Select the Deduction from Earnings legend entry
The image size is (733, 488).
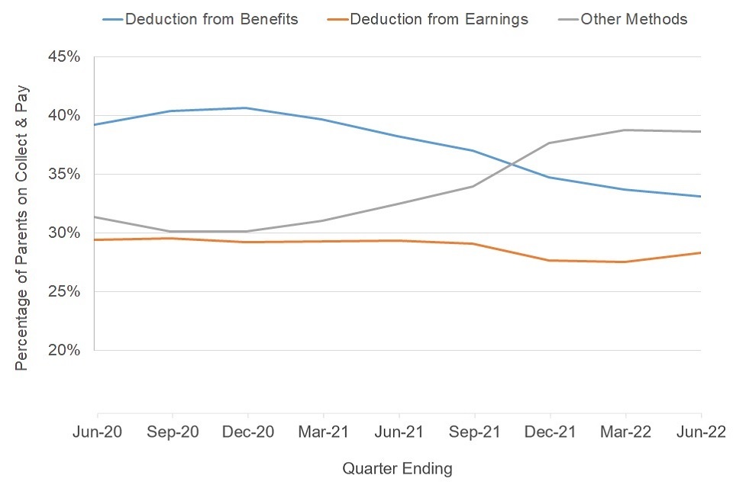point(438,19)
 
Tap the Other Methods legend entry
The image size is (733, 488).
point(634,19)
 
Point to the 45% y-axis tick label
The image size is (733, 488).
point(64,57)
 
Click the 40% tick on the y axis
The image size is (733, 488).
point(64,115)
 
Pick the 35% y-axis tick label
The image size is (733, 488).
point(64,174)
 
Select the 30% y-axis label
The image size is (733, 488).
point(64,233)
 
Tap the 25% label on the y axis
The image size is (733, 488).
point(64,291)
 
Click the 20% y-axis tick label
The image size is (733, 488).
point(64,350)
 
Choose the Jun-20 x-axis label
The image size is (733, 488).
point(97,432)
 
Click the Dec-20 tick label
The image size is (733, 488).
point(248,432)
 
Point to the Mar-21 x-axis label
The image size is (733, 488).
point(323,432)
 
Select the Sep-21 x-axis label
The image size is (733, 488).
point(474,432)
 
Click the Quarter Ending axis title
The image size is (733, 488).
point(397,468)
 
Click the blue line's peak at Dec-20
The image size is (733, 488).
point(247,108)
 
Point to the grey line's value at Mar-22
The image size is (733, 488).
point(625,130)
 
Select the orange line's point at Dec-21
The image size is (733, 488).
point(550,261)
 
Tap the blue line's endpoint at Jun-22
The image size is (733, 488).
point(700,197)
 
